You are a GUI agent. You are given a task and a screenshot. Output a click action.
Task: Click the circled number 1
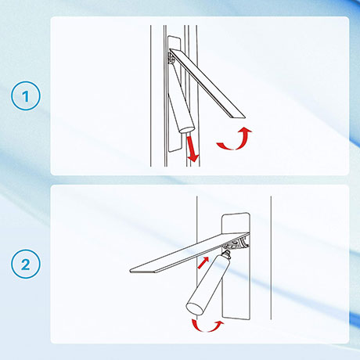tap(26, 95)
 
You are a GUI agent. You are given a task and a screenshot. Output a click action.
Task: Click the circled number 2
tap(26, 264)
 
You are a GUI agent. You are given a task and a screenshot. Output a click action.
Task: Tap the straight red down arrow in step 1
tap(193, 148)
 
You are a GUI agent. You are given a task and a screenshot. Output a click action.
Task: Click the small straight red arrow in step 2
tap(203, 262)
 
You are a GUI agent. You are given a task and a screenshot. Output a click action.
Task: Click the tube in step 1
tap(182, 99)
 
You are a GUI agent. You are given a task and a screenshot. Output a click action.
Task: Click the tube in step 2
tap(209, 283)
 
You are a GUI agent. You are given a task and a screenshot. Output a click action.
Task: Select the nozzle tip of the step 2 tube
tap(226, 253)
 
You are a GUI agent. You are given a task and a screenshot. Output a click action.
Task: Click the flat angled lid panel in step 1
tap(207, 83)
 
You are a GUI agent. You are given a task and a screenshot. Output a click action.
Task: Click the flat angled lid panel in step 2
tap(189, 253)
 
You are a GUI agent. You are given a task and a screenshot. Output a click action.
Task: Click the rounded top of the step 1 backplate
tap(175, 38)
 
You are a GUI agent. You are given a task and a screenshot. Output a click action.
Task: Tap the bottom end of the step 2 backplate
tap(236, 317)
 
